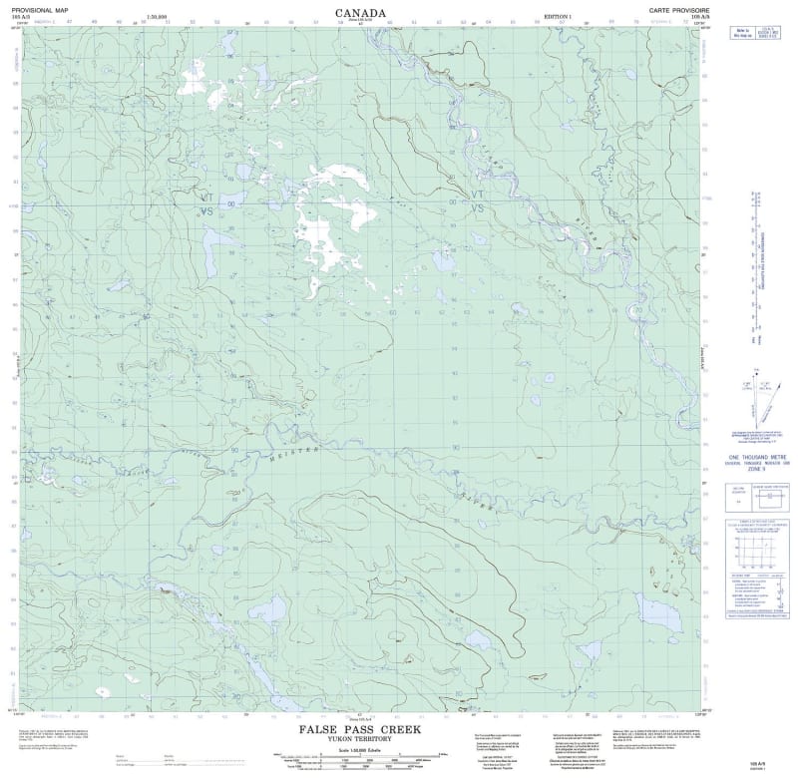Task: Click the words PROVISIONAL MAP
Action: click(37, 8)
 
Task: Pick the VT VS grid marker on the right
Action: click(480, 201)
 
